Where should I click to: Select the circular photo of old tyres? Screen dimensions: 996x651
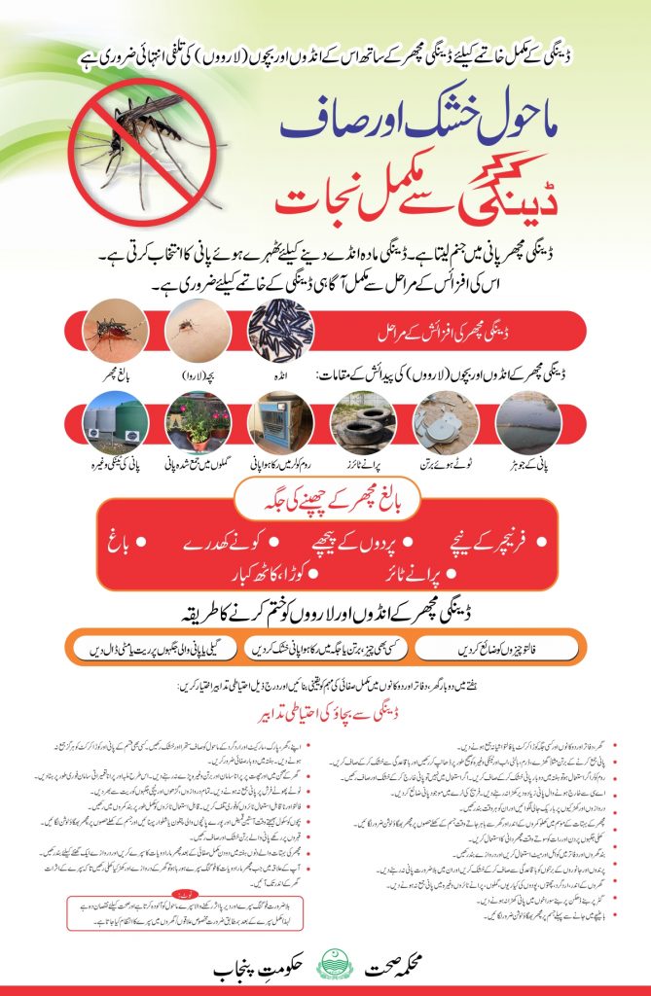click(362, 420)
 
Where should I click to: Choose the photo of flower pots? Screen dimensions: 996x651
click(198, 420)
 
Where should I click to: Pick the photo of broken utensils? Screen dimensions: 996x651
click(444, 420)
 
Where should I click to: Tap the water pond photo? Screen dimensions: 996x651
click(526, 420)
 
